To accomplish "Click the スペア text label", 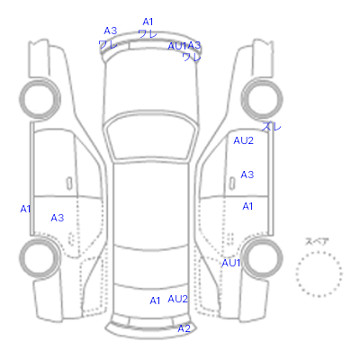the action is pos(317,241).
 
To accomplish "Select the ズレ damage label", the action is pos(272,126).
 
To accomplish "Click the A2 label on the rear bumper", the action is pos(184,328).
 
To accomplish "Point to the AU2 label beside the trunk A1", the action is pos(177,299).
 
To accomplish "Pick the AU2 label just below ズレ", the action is pos(243,140).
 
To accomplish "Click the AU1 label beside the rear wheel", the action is pos(231,263).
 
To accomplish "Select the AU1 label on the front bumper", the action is pos(177,46).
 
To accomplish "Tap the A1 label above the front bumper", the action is pos(148,22).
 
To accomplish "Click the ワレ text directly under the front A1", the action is pos(148,33).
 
